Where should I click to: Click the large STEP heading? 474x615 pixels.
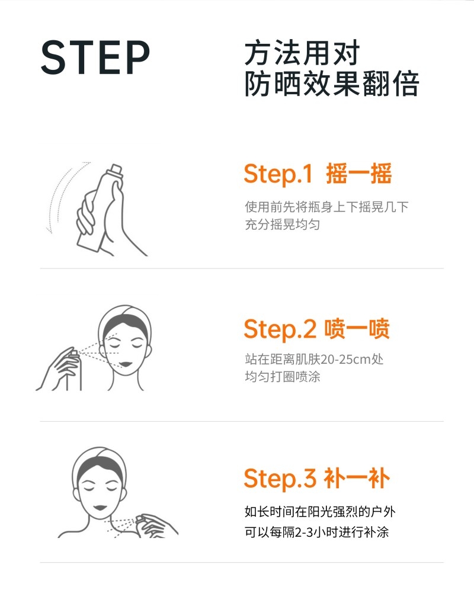(95, 57)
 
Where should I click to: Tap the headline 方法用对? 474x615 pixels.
(302, 53)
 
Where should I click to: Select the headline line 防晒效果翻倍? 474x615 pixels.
(332, 83)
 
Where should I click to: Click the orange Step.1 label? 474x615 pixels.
(278, 174)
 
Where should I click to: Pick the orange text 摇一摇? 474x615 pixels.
(358, 174)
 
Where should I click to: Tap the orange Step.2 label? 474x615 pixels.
(280, 329)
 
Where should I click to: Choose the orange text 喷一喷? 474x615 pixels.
(357, 329)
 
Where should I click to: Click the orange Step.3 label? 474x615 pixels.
(280, 479)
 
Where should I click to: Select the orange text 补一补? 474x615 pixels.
(357, 479)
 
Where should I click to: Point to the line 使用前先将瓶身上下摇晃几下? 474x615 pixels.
(326, 207)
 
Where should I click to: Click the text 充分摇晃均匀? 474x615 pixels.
(282, 225)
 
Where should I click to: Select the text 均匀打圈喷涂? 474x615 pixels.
(283, 377)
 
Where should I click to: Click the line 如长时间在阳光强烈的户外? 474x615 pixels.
(320, 511)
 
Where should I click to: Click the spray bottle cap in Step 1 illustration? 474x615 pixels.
(116, 170)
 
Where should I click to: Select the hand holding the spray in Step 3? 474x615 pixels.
(157, 526)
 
